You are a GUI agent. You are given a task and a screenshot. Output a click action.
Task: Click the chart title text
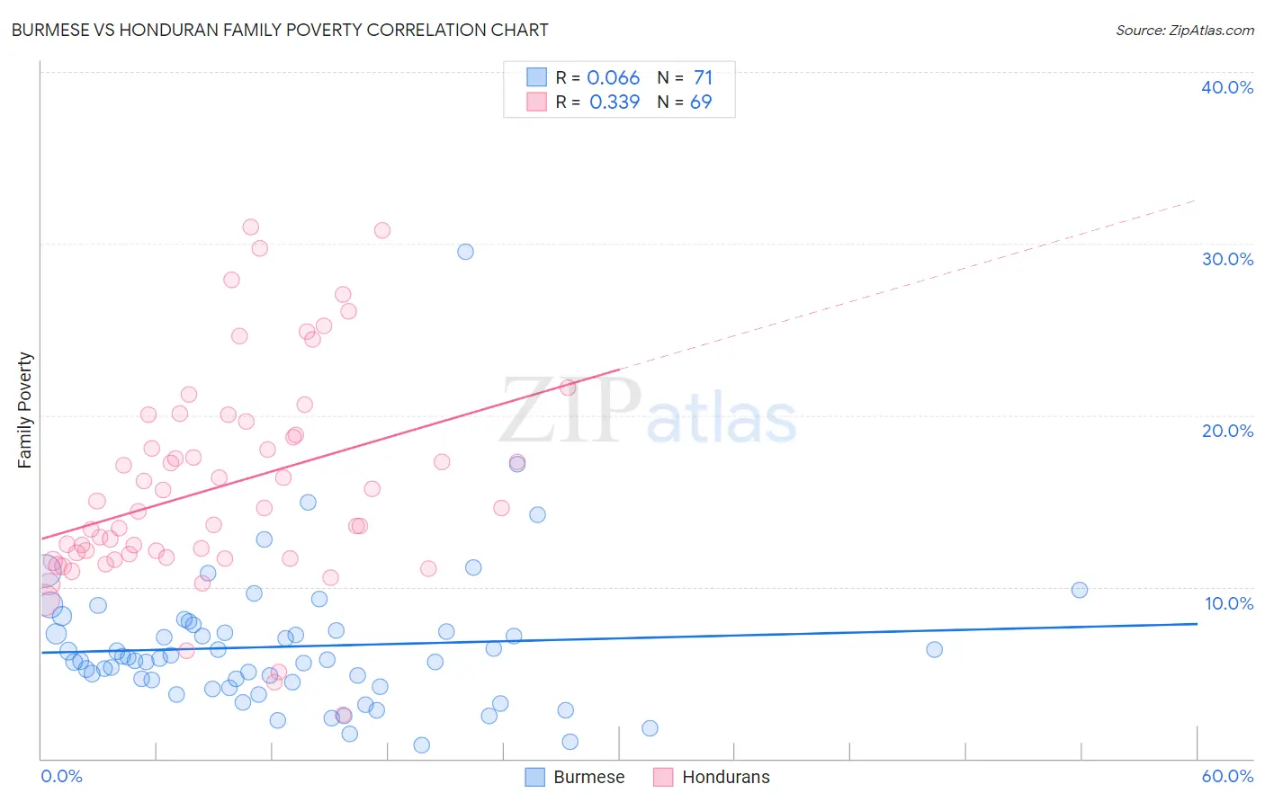pyautogui.click(x=279, y=30)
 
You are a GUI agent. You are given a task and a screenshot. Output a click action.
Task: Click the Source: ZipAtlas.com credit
pyautogui.click(x=1184, y=31)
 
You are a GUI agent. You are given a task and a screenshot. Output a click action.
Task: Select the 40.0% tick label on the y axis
pyautogui.click(x=1226, y=87)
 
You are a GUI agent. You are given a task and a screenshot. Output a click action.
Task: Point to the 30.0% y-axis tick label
pyautogui.click(x=1226, y=259)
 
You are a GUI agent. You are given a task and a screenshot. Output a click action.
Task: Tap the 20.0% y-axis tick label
pyautogui.click(x=1226, y=431)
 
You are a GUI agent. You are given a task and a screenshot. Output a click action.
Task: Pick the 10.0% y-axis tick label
pyautogui.click(x=1228, y=603)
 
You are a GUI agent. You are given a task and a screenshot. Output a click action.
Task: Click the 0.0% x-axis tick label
pyautogui.click(x=61, y=776)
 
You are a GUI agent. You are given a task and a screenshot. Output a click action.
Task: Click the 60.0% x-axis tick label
pyautogui.click(x=1226, y=776)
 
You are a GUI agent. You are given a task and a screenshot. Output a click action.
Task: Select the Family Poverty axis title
pyautogui.click(x=25, y=410)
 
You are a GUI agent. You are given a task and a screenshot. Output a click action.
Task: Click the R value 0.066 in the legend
pyautogui.click(x=613, y=78)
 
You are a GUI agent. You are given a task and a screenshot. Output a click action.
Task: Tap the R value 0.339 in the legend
pyautogui.click(x=615, y=102)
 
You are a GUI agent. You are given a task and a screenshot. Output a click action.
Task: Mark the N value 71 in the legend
pyautogui.click(x=703, y=78)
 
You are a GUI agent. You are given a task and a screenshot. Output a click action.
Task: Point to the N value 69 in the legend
pyautogui.click(x=701, y=102)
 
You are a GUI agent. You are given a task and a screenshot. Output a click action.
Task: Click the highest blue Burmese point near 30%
pyautogui.click(x=465, y=252)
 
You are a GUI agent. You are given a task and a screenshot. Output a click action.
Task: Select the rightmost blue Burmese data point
pyautogui.click(x=1080, y=590)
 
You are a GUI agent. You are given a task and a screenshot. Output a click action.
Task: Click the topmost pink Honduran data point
pyautogui.click(x=251, y=227)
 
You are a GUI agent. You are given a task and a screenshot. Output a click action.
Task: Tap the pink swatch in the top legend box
pyautogui.click(x=536, y=102)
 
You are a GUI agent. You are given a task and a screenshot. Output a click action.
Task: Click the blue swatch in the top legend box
pyautogui.click(x=536, y=77)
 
